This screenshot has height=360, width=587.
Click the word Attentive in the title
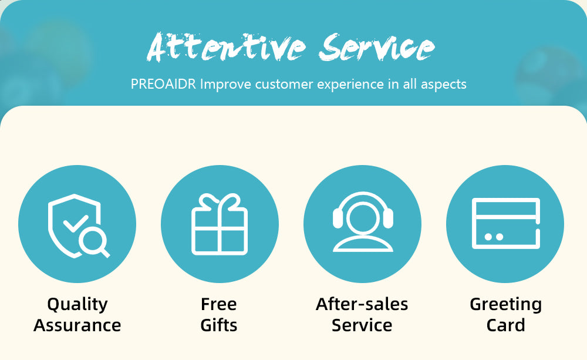[227, 47]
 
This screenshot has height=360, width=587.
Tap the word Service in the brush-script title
[377, 47]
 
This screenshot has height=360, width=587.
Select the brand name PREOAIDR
[163, 84]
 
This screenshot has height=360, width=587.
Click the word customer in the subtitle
[284, 85]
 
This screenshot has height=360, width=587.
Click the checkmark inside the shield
[76, 223]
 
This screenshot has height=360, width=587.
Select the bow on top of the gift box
[220, 202]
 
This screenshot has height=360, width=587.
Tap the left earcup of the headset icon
[338, 218]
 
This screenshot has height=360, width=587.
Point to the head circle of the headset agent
[363, 219]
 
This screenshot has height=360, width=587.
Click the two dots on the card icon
[494, 237]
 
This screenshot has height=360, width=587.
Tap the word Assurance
[77, 325]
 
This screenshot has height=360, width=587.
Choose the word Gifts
[218, 325]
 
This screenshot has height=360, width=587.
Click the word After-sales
[362, 304]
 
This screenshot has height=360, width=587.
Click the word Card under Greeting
[506, 325]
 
